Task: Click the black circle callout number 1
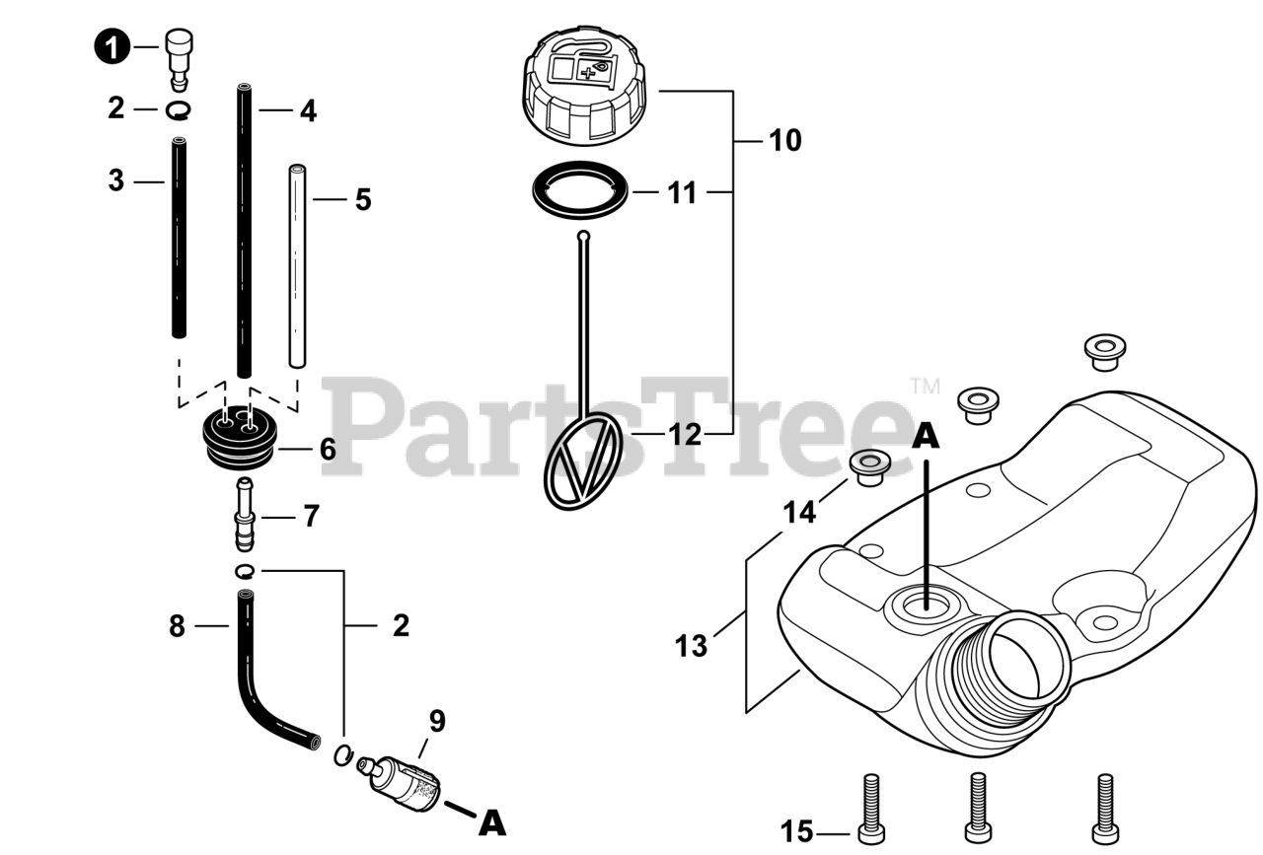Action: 113,47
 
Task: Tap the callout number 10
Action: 785,140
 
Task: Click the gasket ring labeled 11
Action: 580,191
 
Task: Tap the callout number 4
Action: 309,111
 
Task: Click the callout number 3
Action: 116,181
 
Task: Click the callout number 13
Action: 692,646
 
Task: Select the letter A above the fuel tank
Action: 925,436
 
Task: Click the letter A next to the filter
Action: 491,821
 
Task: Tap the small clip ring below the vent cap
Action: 179,109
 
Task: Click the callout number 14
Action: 800,512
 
